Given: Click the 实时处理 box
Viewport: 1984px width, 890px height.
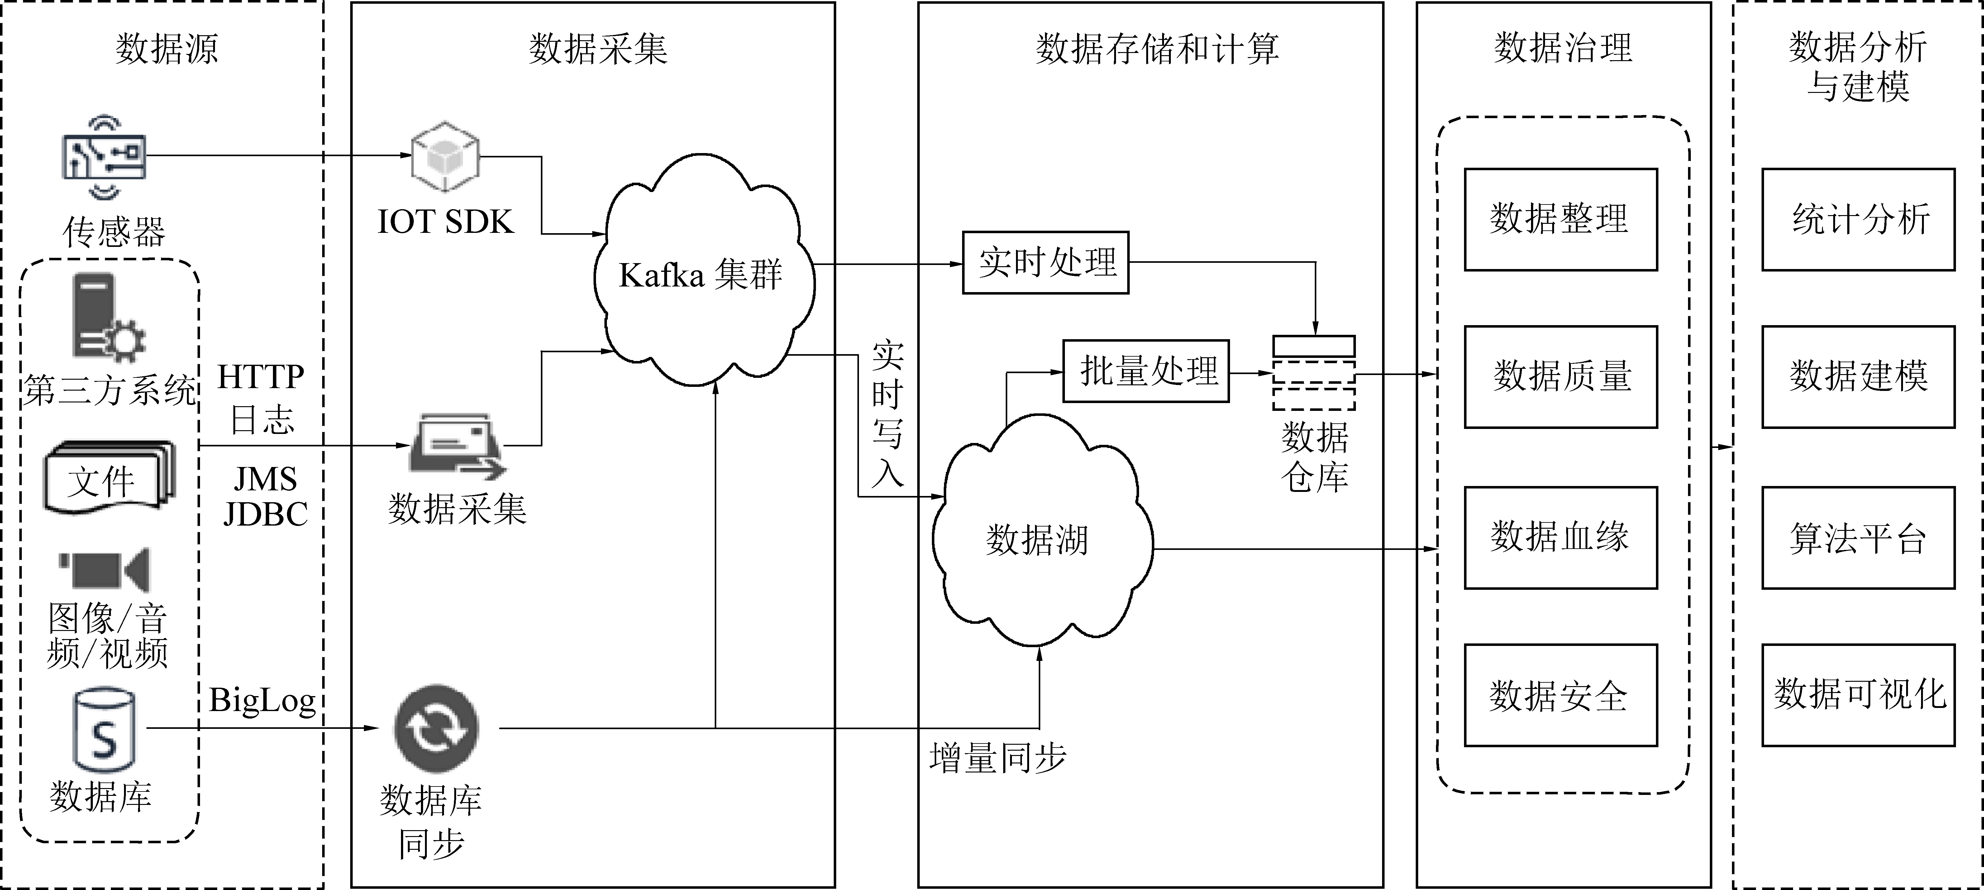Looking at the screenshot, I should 1045,263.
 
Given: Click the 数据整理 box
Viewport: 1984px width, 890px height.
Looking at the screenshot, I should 1560,219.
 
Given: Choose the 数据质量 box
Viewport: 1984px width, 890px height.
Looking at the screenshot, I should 1560,377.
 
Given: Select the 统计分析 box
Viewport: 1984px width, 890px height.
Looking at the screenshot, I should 1858,219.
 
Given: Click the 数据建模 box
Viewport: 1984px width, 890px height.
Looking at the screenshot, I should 1858,377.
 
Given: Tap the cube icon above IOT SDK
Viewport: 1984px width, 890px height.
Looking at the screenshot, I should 445,156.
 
